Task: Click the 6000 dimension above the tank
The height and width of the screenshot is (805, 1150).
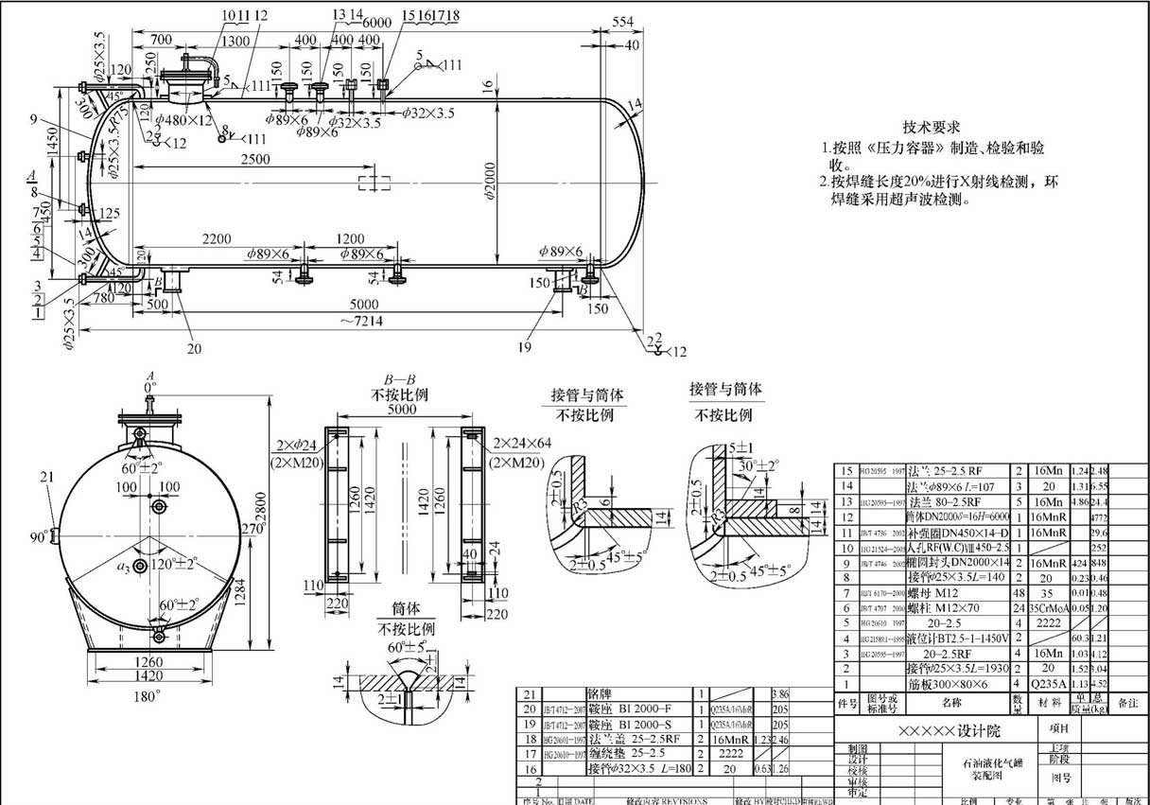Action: [375, 22]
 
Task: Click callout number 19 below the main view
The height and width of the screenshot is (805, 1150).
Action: [524, 348]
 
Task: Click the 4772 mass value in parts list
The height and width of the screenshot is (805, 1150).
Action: [1099, 518]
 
